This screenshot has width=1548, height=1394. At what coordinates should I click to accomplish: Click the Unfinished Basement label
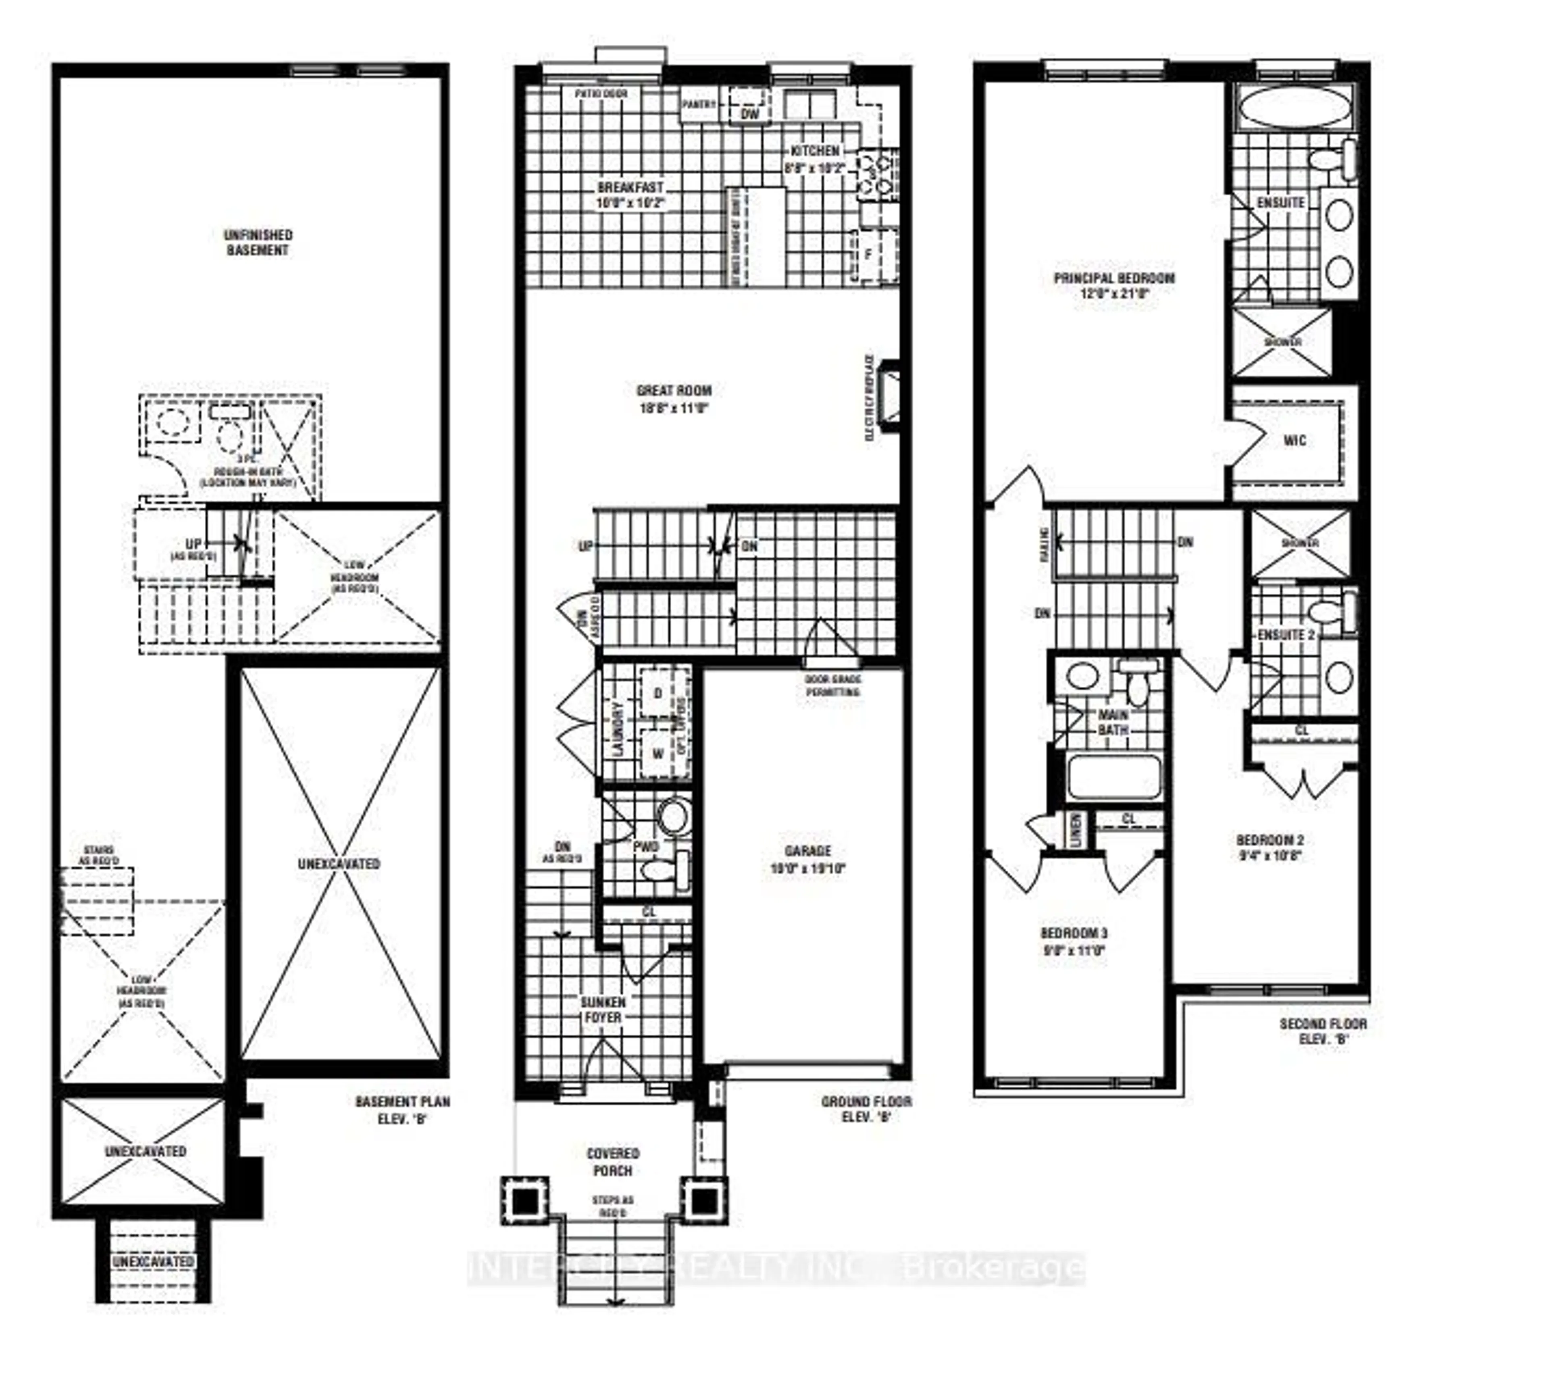click(x=257, y=242)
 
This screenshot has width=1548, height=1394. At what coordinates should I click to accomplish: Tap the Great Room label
click(x=673, y=391)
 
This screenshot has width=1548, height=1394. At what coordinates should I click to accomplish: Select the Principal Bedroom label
click(x=1114, y=278)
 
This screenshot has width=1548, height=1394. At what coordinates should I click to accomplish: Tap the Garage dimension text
click(x=807, y=868)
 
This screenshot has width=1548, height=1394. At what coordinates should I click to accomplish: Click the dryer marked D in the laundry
click(x=657, y=694)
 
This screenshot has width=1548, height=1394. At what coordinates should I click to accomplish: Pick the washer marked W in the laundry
click(x=657, y=754)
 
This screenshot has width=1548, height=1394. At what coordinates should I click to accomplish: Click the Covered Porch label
click(x=613, y=1161)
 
